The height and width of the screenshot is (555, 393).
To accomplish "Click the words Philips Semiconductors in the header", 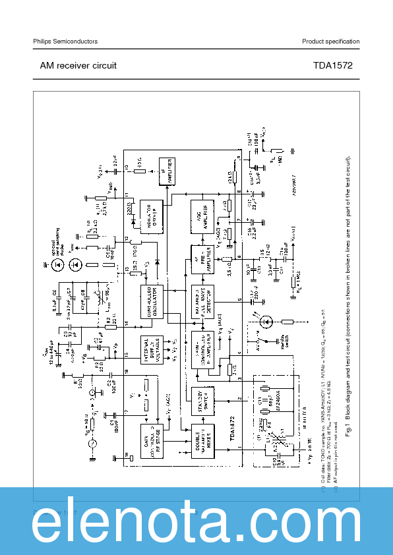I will point(65,42).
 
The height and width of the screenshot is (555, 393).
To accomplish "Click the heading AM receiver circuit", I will point(78,65).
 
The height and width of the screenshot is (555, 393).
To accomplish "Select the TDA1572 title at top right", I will point(333,65).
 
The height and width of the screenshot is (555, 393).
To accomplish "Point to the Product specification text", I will point(330,42).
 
